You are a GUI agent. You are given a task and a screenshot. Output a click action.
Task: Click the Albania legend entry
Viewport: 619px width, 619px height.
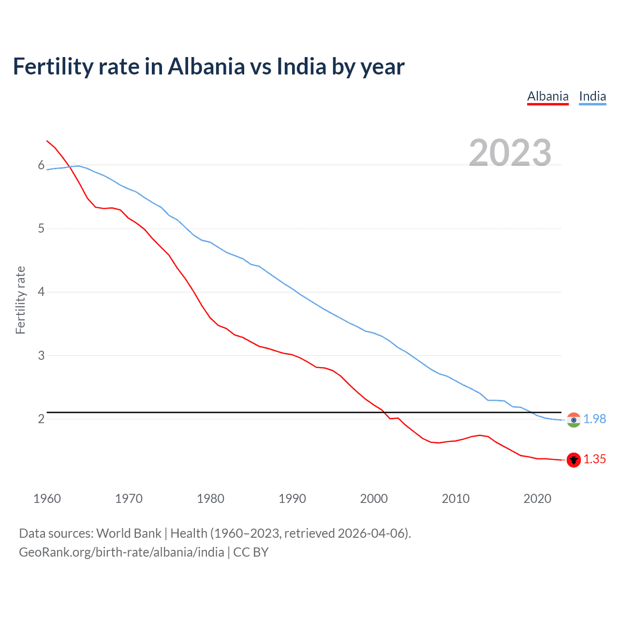[547, 96]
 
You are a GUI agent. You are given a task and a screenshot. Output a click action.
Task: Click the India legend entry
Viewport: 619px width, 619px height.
[592, 96]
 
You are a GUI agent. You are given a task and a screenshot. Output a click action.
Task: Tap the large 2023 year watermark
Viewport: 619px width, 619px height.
[510, 153]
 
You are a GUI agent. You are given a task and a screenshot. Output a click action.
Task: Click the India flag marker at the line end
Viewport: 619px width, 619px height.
[574, 420]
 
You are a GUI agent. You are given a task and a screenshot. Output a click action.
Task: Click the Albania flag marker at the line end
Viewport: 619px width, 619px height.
[574, 460]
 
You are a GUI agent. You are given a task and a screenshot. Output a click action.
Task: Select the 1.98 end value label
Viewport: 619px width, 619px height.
[594, 419]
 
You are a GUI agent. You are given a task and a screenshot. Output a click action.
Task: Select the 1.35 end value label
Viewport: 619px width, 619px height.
[594, 459]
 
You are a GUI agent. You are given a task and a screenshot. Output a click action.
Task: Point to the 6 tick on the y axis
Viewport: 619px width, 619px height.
[41, 165]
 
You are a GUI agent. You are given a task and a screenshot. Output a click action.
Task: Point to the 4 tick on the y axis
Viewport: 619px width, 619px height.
[41, 292]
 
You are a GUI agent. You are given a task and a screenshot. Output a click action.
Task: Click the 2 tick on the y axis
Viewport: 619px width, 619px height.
[41, 419]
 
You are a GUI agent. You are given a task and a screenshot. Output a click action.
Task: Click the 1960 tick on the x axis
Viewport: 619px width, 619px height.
[47, 499]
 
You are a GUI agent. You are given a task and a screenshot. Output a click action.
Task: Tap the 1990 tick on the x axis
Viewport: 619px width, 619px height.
[292, 499]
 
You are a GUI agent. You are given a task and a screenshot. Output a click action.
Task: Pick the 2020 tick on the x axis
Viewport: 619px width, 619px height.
[537, 499]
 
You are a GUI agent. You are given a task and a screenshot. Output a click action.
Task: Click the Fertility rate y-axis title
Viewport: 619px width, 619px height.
[20, 300]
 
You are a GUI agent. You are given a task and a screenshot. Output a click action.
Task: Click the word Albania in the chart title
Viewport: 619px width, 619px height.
[206, 66]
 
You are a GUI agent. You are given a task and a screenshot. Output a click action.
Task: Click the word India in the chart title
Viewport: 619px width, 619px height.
[301, 66]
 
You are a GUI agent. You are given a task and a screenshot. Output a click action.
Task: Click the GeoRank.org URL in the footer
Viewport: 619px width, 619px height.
[121, 552]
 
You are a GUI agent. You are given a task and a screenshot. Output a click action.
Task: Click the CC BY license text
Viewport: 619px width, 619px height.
[251, 552]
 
